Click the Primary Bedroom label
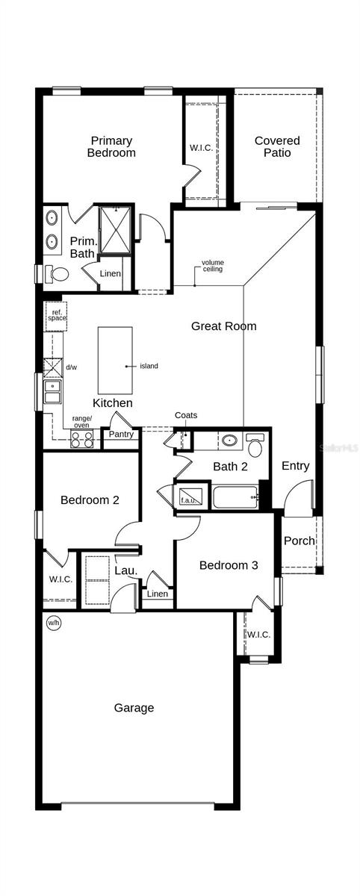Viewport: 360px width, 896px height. pos(111,146)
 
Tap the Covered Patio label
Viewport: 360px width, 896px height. pos(277,146)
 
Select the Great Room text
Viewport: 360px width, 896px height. pos(223,326)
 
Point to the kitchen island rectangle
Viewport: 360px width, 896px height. pos(115,360)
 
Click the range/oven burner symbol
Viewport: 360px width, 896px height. pos(81,439)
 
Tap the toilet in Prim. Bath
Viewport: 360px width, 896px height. pos(57,274)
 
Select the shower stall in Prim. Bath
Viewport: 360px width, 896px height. pos(116,228)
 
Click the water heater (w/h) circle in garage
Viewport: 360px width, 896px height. pos(54,623)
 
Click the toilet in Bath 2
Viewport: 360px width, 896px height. pos(255,447)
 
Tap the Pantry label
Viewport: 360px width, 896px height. pos(120,434)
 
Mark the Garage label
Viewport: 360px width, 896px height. pos(134,707)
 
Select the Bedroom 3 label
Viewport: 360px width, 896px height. pos(229,565)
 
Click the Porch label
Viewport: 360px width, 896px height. pos(299,541)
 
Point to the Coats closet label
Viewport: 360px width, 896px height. pos(186,415)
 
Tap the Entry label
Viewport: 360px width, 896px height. pos(295,466)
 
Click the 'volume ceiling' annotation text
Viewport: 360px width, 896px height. pos(212,266)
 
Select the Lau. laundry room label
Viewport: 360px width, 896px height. pos(125,570)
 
